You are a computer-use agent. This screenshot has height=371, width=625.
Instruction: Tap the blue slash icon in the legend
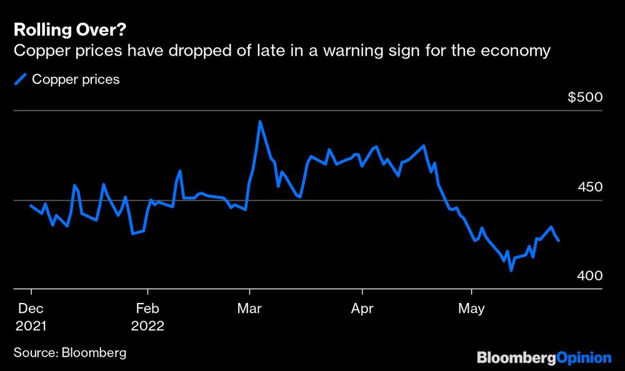point(21,79)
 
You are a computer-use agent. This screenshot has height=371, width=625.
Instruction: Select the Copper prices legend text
point(76,79)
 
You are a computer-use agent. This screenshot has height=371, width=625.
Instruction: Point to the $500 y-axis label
point(584,98)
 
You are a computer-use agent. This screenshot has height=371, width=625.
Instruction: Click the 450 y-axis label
point(590,187)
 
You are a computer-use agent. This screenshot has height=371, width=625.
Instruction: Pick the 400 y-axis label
point(590,276)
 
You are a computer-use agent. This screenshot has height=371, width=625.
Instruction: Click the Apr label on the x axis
point(363,309)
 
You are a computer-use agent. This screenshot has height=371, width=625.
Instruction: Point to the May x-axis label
point(472,309)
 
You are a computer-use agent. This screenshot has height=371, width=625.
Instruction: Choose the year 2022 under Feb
point(147,326)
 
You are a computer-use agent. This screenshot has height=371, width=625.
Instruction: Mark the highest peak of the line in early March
point(260,122)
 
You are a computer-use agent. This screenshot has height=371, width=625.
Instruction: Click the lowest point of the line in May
point(511,270)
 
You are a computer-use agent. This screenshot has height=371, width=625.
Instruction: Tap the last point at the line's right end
point(558,240)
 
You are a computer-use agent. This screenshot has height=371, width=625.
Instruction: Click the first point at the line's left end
point(31,205)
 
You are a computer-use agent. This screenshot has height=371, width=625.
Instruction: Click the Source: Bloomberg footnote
point(69,353)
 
